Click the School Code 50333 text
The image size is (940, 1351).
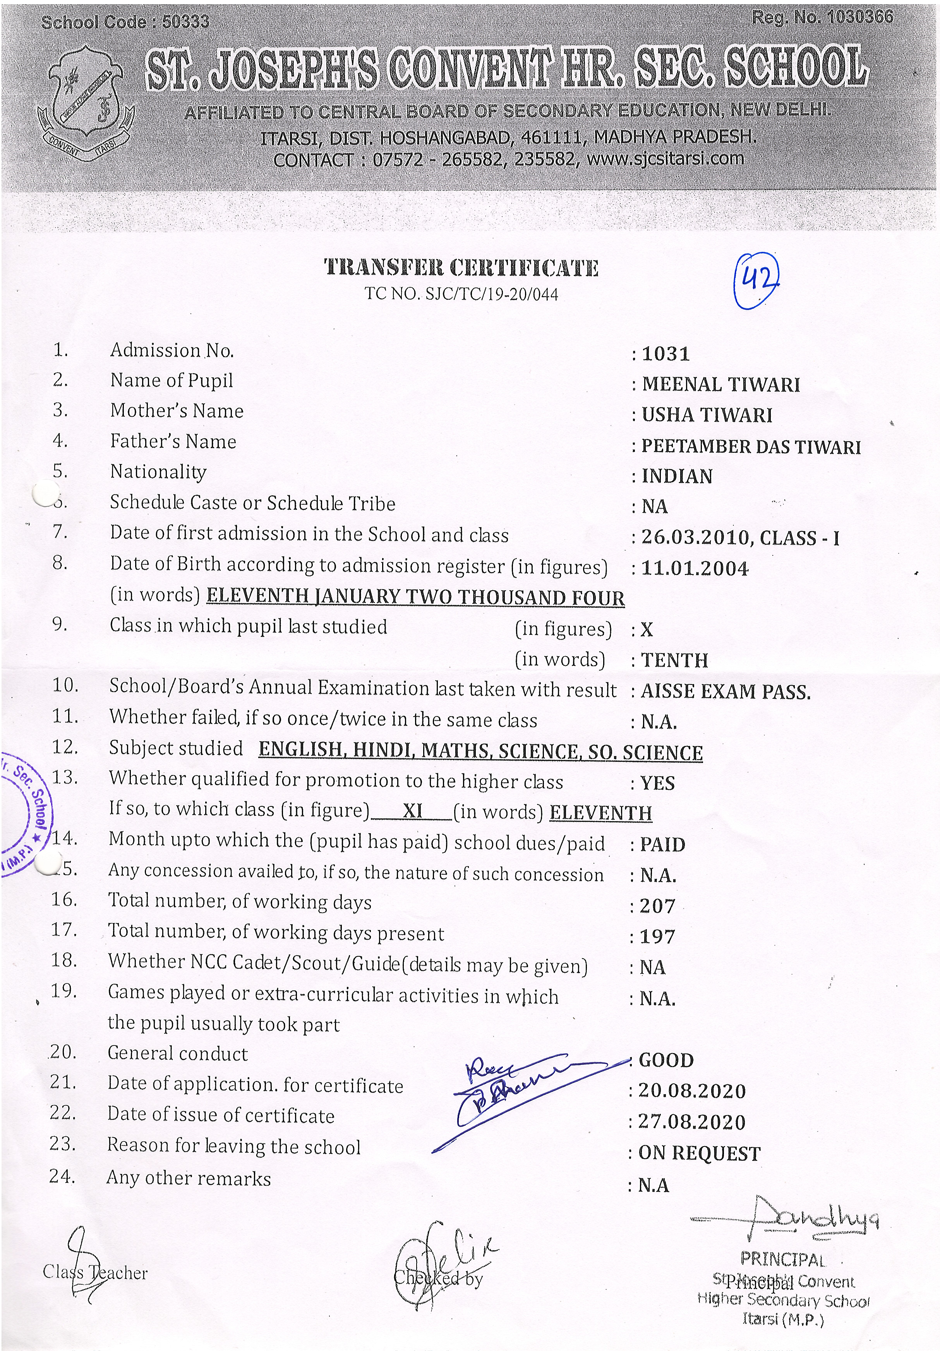125,22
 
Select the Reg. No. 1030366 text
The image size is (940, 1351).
822,18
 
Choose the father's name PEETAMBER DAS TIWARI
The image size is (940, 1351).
751,447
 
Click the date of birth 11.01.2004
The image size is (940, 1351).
695,569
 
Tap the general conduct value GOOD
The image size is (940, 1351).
666,1061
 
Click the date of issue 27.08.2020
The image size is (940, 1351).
692,1122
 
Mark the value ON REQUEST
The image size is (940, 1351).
700,1153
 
